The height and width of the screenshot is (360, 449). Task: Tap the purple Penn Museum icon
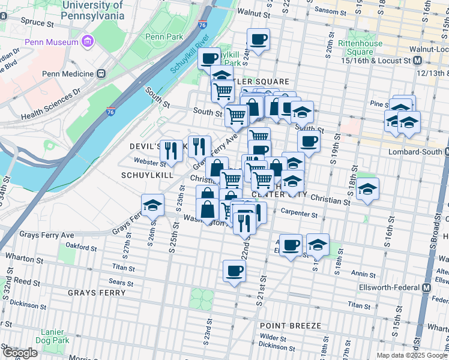(88, 42)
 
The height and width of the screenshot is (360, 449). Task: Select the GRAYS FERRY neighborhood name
(97, 293)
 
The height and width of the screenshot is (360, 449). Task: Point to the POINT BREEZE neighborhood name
(291, 326)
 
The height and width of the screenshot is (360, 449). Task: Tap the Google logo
(20, 352)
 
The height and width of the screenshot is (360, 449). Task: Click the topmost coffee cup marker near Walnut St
(259, 40)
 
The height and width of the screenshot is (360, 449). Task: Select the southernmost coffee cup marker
(234, 271)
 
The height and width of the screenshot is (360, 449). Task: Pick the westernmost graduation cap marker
(153, 205)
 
